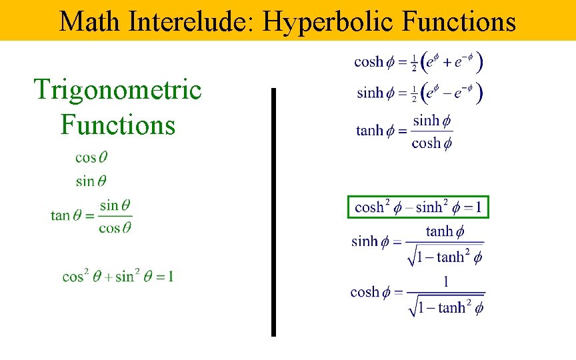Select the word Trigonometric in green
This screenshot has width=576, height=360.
click(117, 89)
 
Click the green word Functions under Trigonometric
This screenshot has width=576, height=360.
click(117, 124)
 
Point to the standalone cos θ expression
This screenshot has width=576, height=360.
click(91, 158)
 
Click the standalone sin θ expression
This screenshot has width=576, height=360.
click(91, 181)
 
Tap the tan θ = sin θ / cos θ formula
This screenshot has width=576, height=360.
click(91, 216)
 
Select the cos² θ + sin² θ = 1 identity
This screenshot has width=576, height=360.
click(118, 276)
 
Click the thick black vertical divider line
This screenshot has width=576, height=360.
click(273, 212)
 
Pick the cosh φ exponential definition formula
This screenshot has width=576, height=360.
click(418, 62)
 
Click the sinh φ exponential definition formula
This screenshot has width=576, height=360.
click(418, 93)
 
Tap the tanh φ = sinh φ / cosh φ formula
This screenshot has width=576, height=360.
click(405, 131)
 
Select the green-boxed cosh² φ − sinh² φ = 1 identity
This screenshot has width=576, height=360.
click(418, 207)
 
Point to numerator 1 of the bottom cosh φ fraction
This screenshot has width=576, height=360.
click(445, 282)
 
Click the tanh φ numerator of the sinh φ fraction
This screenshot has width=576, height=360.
click(445, 231)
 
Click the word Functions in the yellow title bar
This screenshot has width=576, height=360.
click(459, 21)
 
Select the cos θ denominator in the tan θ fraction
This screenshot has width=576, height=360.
click(115, 227)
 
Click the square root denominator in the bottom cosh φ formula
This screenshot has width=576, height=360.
click(445, 306)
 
